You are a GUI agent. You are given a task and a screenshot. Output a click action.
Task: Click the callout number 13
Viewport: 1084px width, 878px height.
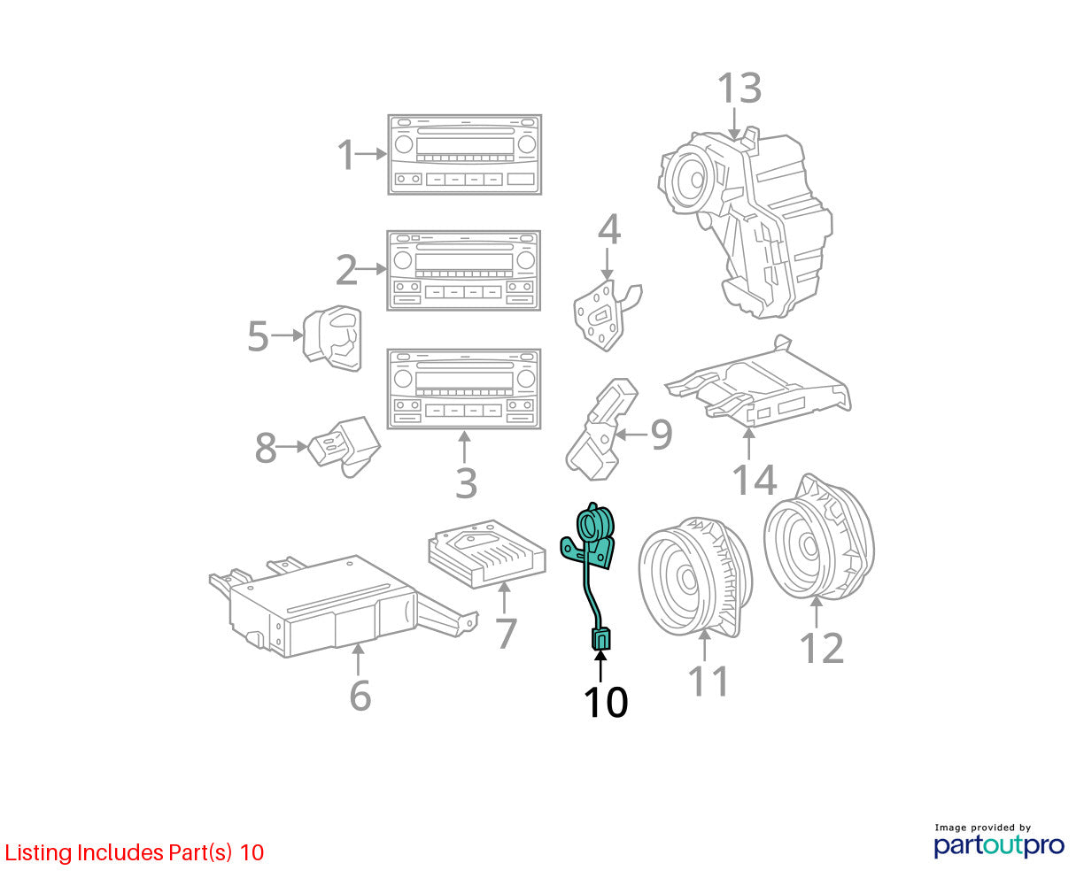tap(739, 88)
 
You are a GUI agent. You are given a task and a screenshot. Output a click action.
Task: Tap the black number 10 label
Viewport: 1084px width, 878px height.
tap(605, 703)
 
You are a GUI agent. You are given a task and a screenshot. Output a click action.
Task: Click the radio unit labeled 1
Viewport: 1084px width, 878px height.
tap(464, 154)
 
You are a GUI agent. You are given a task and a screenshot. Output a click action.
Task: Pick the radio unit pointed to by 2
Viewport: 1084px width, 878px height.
tap(463, 270)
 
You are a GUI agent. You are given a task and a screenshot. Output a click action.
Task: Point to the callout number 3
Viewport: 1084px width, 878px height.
tap(466, 483)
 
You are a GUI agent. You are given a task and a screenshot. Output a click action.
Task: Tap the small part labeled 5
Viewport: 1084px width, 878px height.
tap(332, 338)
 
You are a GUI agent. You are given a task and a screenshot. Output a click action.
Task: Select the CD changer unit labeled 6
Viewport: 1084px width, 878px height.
tap(344, 605)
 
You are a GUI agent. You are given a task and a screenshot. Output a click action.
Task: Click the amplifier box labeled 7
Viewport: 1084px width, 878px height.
tap(487, 553)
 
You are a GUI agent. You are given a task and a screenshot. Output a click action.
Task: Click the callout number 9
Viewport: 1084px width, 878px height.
tap(661, 435)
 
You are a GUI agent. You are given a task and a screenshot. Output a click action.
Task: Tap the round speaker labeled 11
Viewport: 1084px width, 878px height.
tap(695, 576)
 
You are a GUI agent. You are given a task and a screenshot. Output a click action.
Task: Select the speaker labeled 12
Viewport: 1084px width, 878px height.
tap(819, 536)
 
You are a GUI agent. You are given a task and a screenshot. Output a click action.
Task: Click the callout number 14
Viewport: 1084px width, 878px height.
tap(754, 480)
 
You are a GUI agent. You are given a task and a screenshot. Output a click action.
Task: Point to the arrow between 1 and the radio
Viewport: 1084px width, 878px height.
tap(371, 154)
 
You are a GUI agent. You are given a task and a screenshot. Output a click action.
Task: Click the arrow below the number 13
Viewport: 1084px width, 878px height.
tap(734, 124)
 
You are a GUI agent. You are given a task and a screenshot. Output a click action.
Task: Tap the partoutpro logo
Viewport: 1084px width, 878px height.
tap(998, 845)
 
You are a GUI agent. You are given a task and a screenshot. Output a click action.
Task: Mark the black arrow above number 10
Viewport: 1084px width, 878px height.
tap(600, 666)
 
